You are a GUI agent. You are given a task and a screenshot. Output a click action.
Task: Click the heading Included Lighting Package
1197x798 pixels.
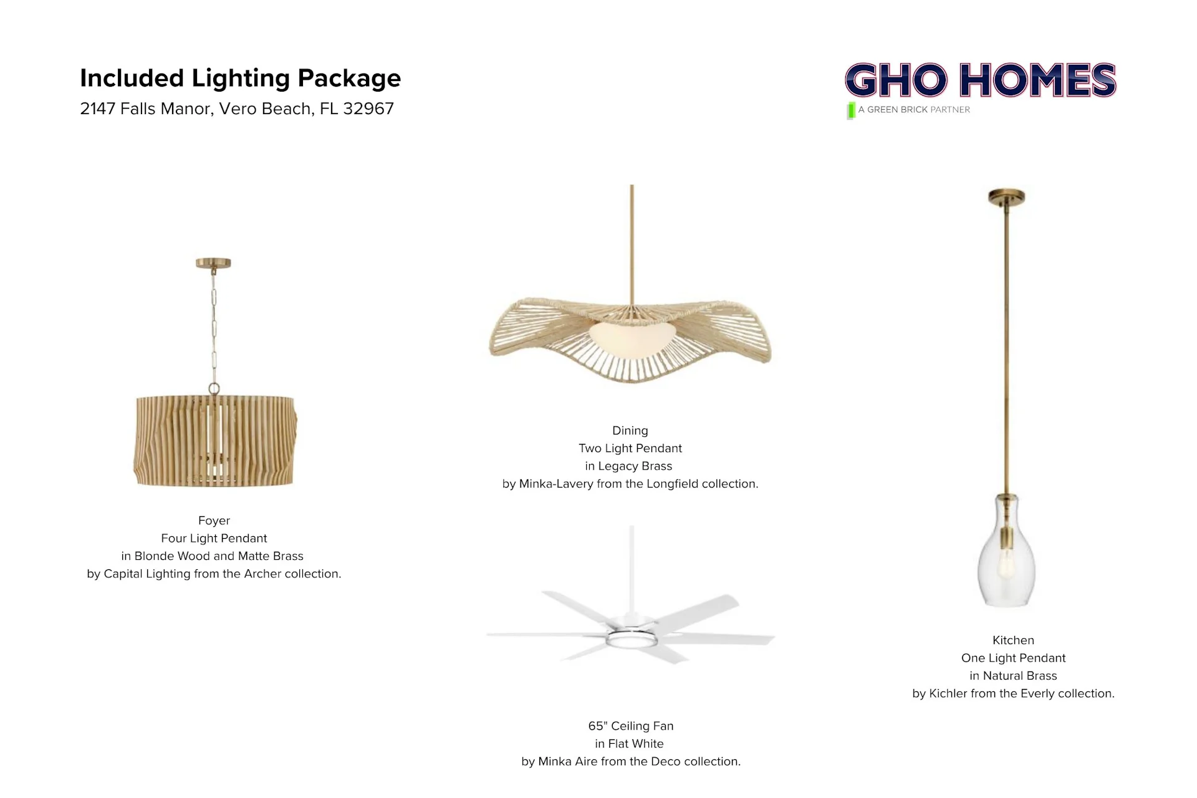tap(240, 79)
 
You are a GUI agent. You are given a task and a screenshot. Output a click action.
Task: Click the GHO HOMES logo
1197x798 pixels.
tap(980, 80)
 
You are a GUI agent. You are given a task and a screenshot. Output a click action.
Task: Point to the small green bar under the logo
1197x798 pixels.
tap(851, 110)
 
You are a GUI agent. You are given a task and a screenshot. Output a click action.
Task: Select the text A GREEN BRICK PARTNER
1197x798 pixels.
tap(914, 110)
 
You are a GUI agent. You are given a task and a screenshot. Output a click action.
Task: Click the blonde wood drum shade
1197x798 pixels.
tap(215, 440)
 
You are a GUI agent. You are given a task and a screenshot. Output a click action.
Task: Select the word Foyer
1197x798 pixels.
tap(214, 521)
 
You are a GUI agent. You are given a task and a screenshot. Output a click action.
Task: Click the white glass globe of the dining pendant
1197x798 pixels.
tap(631, 337)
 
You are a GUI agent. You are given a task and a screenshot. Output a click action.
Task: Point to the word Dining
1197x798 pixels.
tap(630, 431)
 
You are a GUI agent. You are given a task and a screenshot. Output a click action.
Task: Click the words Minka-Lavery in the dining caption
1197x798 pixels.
tap(556, 484)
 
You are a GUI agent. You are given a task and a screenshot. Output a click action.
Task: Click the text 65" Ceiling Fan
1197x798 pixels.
tap(631, 726)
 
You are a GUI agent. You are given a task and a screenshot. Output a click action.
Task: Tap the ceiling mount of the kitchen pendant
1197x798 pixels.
tap(1007, 198)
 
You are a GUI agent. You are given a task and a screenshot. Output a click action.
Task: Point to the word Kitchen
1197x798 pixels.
tap(1013, 640)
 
